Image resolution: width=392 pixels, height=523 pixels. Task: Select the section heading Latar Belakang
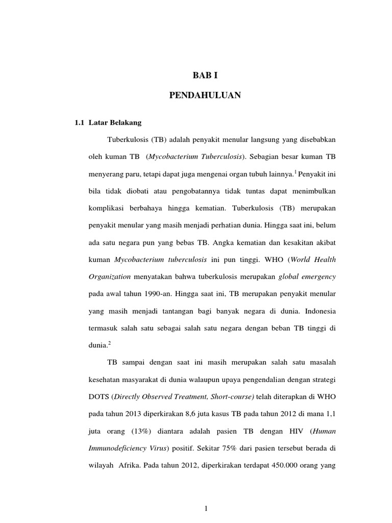(x=115, y=123)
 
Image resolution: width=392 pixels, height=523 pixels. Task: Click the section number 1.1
(x=81, y=123)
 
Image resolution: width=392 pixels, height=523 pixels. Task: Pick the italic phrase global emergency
(x=307, y=276)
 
